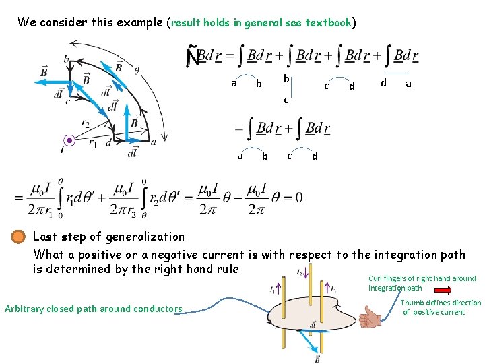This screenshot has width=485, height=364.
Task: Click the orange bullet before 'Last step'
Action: click(19, 237)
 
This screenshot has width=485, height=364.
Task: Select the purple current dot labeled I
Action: click(68, 140)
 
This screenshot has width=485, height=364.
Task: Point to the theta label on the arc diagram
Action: click(137, 69)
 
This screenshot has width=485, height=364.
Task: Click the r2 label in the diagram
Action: click(86, 124)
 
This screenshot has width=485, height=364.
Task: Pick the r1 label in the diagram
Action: click(92, 142)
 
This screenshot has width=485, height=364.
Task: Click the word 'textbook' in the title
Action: click(329, 22)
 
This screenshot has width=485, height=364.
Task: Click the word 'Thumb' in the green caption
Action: click(412, 303)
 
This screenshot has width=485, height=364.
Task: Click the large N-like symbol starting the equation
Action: click(194, 57)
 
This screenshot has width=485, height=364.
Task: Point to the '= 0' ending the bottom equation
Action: click(290, 198)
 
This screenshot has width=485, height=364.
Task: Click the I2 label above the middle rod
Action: click(300, 272)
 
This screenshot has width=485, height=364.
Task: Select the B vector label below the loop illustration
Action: click(317, 359)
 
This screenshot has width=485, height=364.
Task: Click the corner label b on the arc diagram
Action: click(67, 60)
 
